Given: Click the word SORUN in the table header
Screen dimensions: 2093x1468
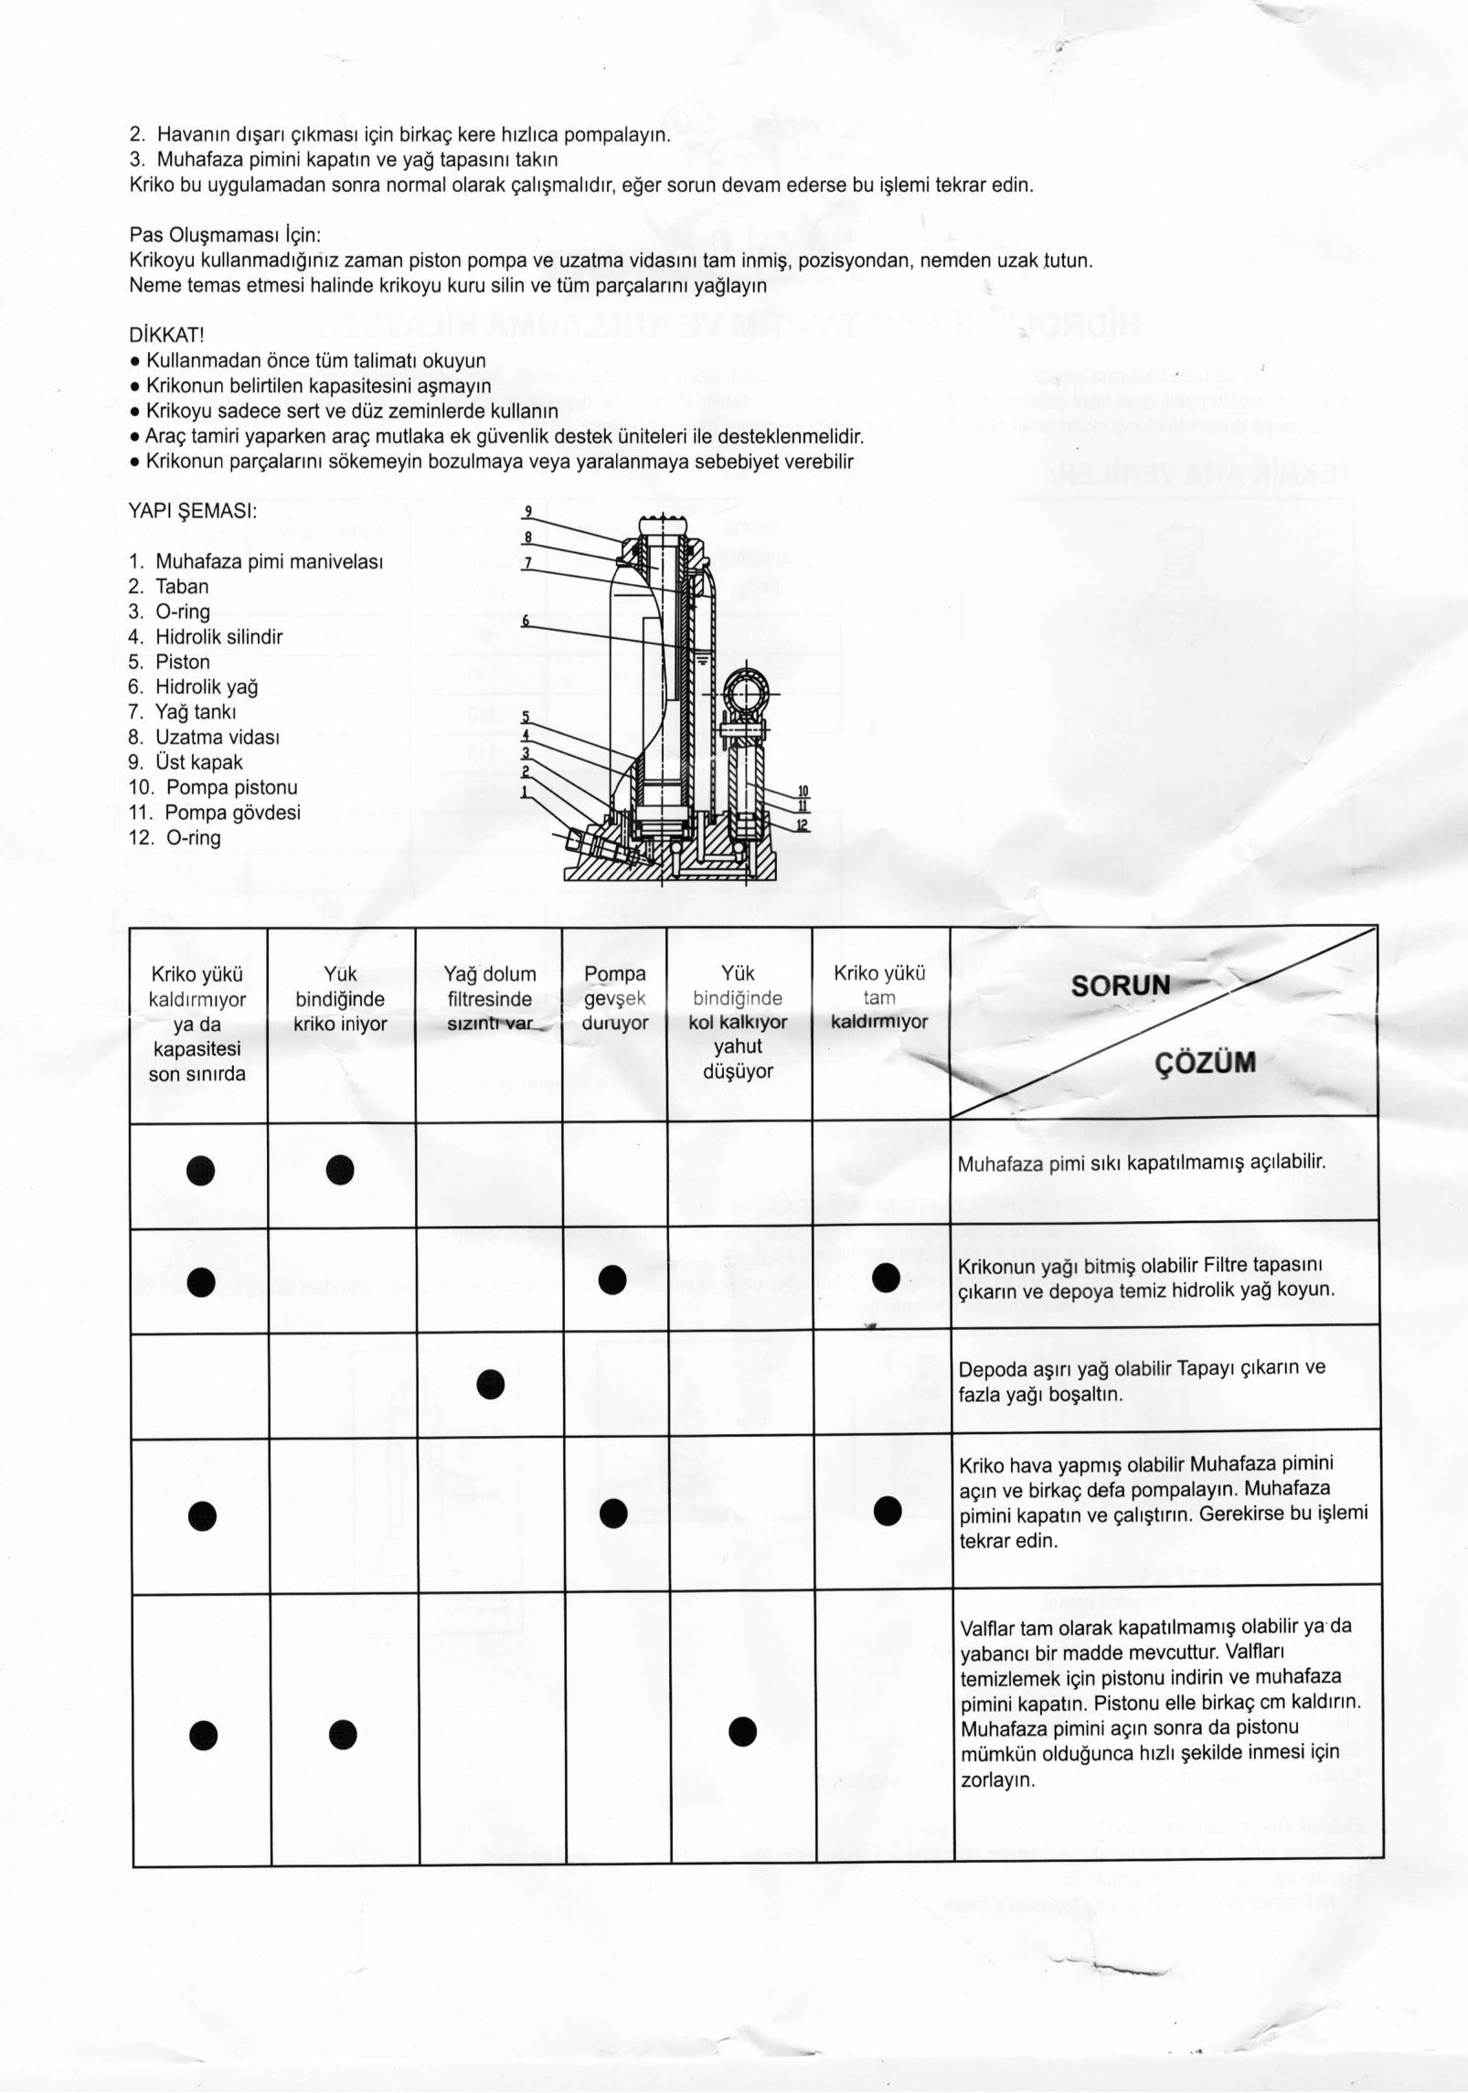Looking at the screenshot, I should [1120, 986].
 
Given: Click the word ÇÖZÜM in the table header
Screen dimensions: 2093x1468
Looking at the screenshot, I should [1206, 1063].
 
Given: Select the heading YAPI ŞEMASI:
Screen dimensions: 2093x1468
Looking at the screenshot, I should [193, 511].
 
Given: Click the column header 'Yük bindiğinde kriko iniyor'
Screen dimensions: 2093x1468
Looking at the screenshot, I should [341, 999].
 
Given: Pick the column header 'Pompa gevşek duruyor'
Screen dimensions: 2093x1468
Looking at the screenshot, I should [614, 999].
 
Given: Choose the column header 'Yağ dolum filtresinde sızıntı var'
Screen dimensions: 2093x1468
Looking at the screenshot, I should [489, 999].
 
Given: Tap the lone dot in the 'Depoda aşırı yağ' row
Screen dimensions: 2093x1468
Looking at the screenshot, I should [491, 1384].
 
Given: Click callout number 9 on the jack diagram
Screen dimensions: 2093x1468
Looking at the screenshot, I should [527, 512].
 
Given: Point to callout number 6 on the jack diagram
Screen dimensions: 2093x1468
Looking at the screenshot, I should [526, 621].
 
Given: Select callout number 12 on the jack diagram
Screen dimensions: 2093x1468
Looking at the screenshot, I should [803, 825].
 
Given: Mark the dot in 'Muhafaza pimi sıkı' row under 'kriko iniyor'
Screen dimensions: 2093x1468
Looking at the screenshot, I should [340, 1169].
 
